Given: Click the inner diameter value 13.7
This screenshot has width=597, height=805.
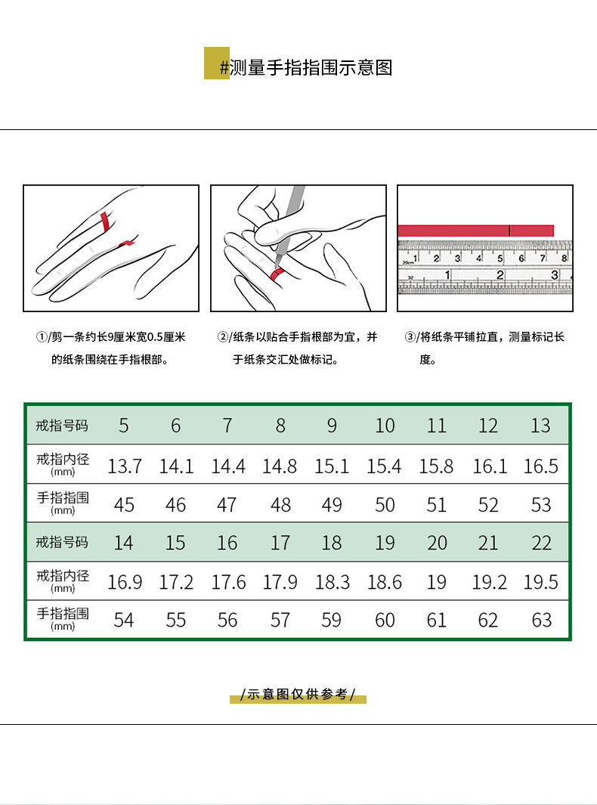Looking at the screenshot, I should tap(124, 466).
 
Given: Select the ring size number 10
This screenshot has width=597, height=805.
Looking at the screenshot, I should tap(385, 426).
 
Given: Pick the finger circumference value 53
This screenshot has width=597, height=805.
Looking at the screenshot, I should tap(541, 505).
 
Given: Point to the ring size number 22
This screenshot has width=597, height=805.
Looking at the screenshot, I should tap(541, 543).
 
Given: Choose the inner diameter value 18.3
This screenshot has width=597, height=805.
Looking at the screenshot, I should tap(333, 582).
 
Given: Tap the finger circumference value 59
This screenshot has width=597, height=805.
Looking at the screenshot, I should tap(333, 621).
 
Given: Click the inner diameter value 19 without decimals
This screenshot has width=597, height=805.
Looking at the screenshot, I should tap(437, 582).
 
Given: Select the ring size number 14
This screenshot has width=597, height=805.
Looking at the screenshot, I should tap(124, 543).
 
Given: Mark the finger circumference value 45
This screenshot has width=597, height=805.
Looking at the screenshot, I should tap(124, 505).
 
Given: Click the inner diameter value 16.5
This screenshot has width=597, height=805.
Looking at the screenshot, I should tap(541, 466).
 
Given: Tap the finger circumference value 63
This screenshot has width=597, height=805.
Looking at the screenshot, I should tap(541, 621).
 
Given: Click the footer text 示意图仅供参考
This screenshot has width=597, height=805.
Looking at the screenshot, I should tap(298, 694).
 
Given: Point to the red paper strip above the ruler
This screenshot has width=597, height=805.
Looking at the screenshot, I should tap(476, 231).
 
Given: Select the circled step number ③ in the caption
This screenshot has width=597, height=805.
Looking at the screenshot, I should tap(410, 337).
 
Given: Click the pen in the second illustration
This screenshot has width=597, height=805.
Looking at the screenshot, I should tap(290, 219).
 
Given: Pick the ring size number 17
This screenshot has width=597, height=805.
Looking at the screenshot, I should tap(280, 543).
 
